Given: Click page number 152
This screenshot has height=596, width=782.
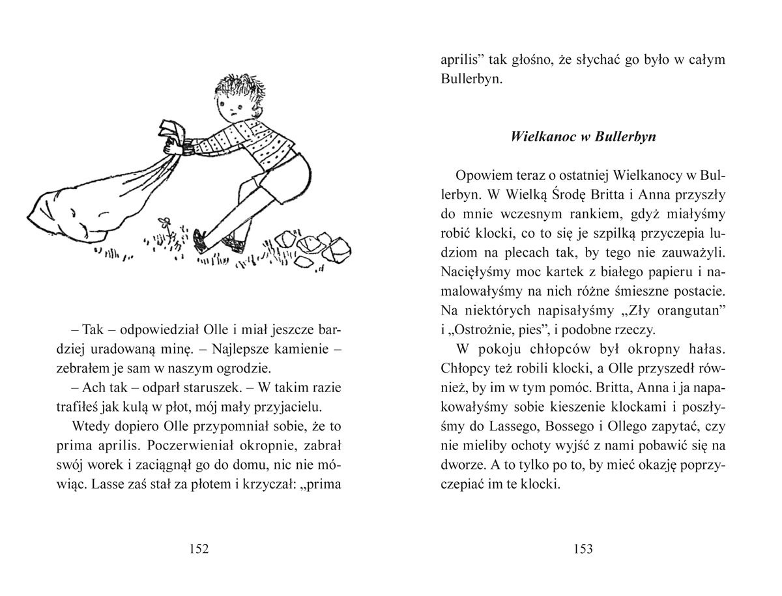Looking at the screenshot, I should pyautogui.click(x=197, y=549).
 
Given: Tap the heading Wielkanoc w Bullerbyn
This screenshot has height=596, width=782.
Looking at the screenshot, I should pyautogui.click(x=583, y=137).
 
